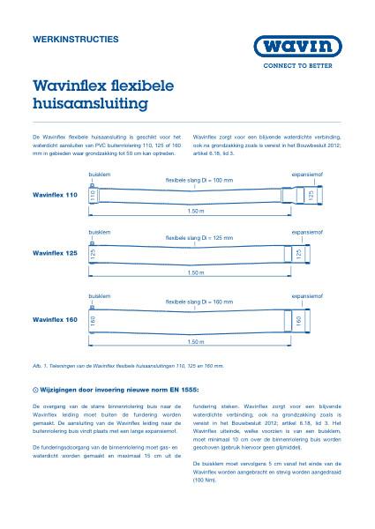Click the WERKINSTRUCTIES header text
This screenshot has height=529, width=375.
(x=74, y=41)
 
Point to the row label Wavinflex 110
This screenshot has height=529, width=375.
(x=55, y=194)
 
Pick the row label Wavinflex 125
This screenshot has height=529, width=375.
(x=55, y=253)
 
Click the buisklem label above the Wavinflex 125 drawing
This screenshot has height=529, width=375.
(x=99, y=232)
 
